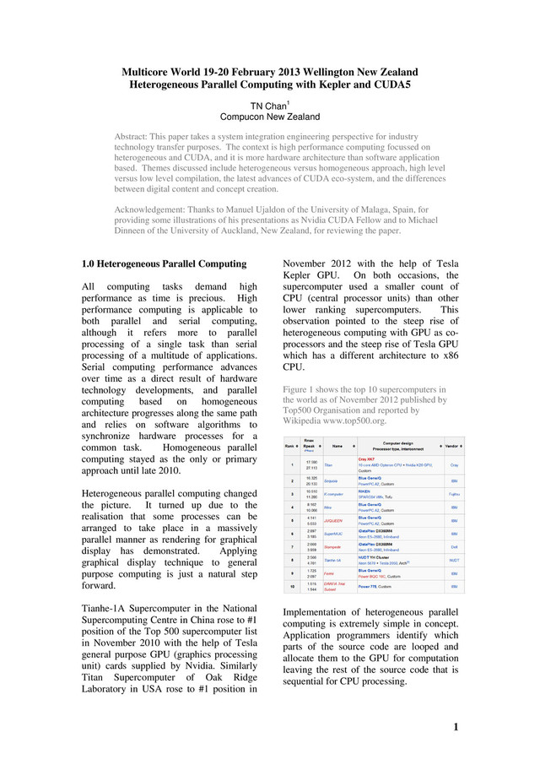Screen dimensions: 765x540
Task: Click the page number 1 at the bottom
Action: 456,728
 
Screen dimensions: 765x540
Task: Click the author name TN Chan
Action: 267,106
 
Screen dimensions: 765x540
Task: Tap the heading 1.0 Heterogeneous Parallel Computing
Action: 164,264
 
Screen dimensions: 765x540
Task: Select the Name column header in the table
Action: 337,445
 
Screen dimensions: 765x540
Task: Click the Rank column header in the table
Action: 289,445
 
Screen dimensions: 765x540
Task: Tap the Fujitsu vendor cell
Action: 454,494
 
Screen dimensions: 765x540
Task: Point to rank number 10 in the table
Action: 290,586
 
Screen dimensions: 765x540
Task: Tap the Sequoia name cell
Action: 332,480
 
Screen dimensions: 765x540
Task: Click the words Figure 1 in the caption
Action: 300,389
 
